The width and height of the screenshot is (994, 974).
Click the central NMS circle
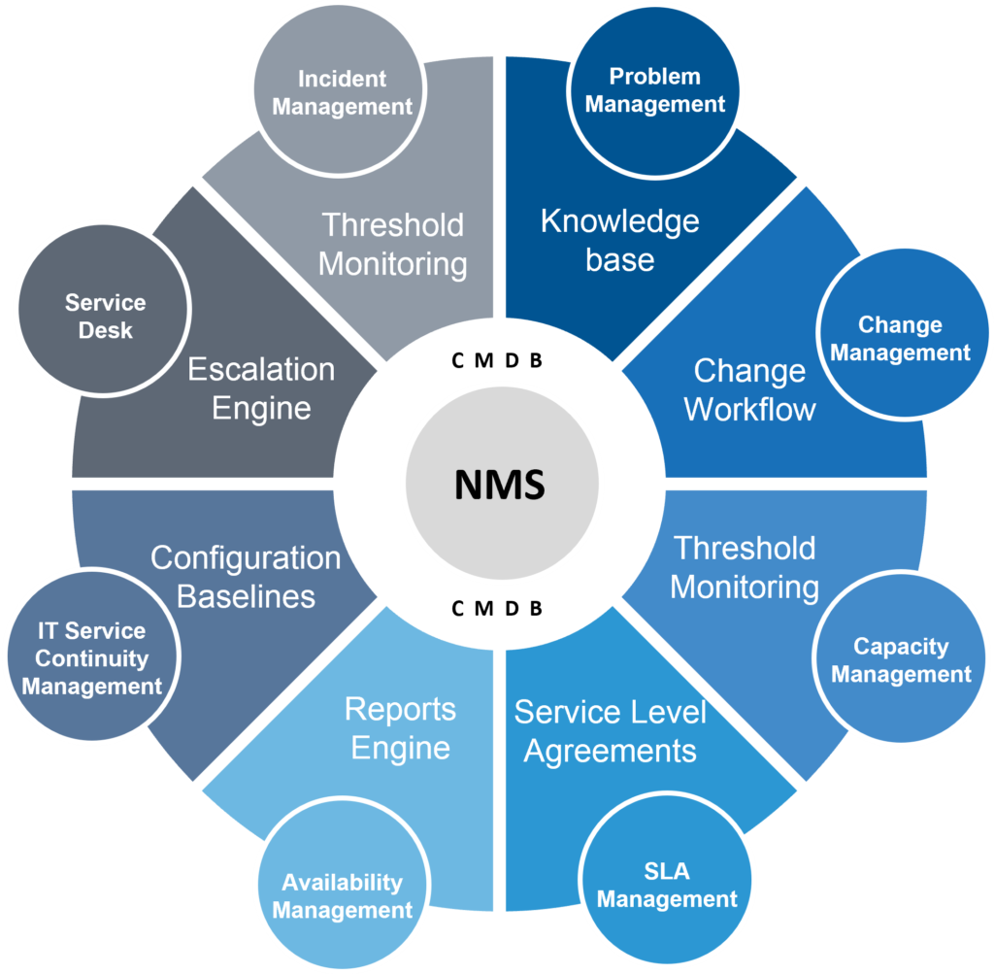[x=501, y=484]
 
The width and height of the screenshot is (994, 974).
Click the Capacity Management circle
[x=901, y=660]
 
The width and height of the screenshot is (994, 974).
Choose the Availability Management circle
[x=342, y=896]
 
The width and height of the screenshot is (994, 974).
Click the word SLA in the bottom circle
[x=667, y=871]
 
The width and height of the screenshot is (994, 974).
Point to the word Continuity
[x=92, y=658]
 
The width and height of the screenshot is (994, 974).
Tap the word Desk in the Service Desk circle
[x=106, y=330]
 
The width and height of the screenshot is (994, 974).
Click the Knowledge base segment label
[x=619, y=240]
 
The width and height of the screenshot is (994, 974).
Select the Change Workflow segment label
[x=749, y=389]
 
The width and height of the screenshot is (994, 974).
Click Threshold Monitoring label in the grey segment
[x=393, y=244]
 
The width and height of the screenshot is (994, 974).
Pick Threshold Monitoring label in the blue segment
[x=745, y=567]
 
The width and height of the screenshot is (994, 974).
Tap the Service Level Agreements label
[x=610, y=731]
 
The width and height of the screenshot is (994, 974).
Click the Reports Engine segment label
[x=400, y=728]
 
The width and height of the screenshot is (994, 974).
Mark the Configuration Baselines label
[x=246, y=576]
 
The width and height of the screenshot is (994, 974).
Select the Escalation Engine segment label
[x=261, y=388]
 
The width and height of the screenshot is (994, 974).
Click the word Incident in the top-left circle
[x=342, y=79]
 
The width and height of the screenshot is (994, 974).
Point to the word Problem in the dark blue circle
[x=655, y=76]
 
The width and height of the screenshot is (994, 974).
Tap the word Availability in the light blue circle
[x=342, y=883]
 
